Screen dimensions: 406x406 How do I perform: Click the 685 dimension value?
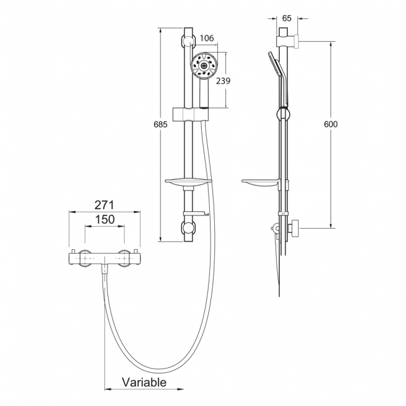[x=161, y=124]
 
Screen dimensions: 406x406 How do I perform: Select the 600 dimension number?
[x=330, y=124]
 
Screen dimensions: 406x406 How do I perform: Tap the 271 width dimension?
[x=104, y=205]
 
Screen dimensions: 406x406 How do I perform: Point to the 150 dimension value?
[x=105, y=220]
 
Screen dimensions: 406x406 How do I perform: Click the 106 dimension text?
[x=207, y=38]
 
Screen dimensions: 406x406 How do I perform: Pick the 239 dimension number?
[x=223, y=81]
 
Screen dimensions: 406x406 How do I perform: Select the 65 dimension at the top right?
[x=287, y=18]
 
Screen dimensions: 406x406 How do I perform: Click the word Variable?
[x=144, y=382]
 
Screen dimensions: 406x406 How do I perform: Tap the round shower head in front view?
[x=204, y=66]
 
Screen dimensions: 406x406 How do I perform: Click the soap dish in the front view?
[x=189, y=182]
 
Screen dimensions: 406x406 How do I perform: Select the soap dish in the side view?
[x=260, y=182]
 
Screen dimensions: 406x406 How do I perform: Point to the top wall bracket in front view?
[x=188, y=41]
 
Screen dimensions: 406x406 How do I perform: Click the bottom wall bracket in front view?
[x=188, y=228]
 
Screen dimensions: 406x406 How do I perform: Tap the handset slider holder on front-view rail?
[x=191, y=114]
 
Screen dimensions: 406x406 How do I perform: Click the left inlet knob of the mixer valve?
[x=85, y=259]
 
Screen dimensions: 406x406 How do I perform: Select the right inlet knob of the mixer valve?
[x=124, y=259]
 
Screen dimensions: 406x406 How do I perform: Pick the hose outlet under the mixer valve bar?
[x=104, y=268]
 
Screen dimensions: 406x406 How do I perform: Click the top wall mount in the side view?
[x=287, y=41]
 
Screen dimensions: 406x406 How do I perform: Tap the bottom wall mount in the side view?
[x=294, y=227]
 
